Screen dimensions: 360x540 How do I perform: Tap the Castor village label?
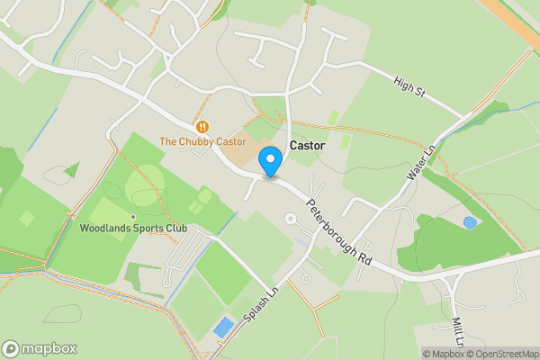[307, 145]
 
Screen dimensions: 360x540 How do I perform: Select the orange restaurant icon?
[202, 127]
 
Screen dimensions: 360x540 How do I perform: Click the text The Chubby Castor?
[202, 141]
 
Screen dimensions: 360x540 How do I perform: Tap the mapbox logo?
[40, 348]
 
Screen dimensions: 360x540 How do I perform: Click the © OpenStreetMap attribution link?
[500, 354]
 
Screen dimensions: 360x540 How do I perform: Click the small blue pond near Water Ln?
[469, 222]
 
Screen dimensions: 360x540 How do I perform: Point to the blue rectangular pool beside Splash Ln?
[223, 328]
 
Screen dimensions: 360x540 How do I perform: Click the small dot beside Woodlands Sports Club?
[133, 217]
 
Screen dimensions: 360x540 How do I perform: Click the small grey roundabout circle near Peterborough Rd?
[290, 219]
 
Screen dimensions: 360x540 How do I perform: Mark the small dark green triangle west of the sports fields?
[71, 168]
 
